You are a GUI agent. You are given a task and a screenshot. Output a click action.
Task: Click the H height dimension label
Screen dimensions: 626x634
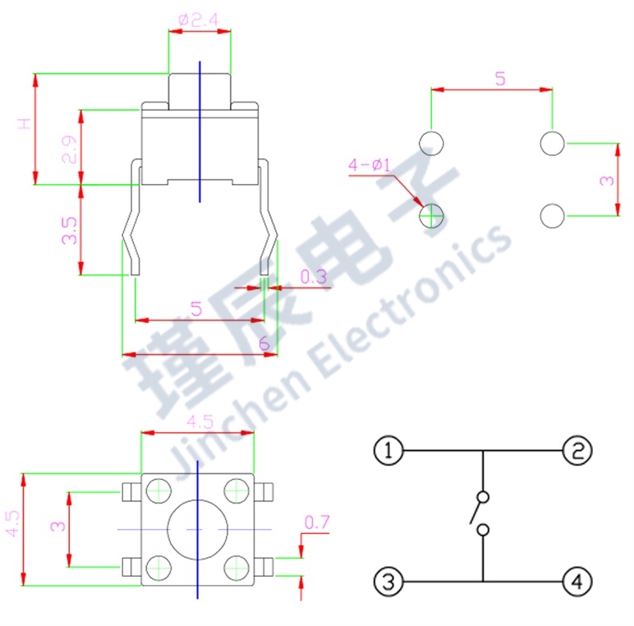tap(25, 125)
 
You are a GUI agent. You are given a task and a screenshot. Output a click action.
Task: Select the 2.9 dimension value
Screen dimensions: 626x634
tap(71, 150)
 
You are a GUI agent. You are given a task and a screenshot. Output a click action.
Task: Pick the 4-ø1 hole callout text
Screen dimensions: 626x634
tap(369, 165)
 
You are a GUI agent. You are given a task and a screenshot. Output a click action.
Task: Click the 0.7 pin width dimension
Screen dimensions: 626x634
tap(316, 522)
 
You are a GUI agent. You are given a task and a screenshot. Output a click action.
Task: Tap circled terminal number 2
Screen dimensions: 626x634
tap(577, 450)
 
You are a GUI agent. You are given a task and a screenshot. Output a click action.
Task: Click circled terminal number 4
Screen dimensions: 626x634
tap(577, 582)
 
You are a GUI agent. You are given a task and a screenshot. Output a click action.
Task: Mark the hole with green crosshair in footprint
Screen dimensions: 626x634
tap(431, 216)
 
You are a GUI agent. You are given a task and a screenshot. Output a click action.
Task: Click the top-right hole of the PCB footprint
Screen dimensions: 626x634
tap(552, 143)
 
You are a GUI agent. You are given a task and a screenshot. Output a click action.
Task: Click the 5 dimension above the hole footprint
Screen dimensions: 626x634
tap(499, 79)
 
